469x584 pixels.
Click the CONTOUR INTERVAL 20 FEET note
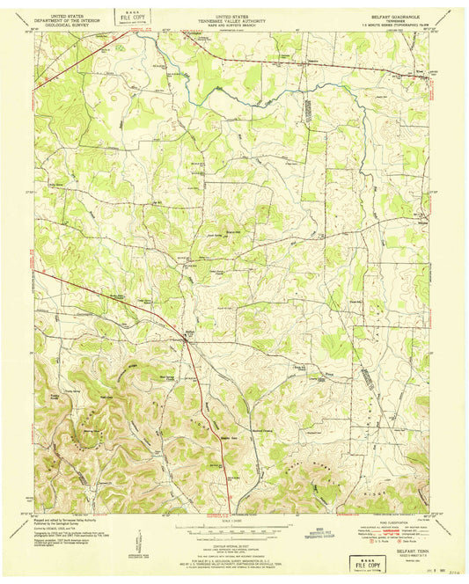[x=234, y=546]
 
